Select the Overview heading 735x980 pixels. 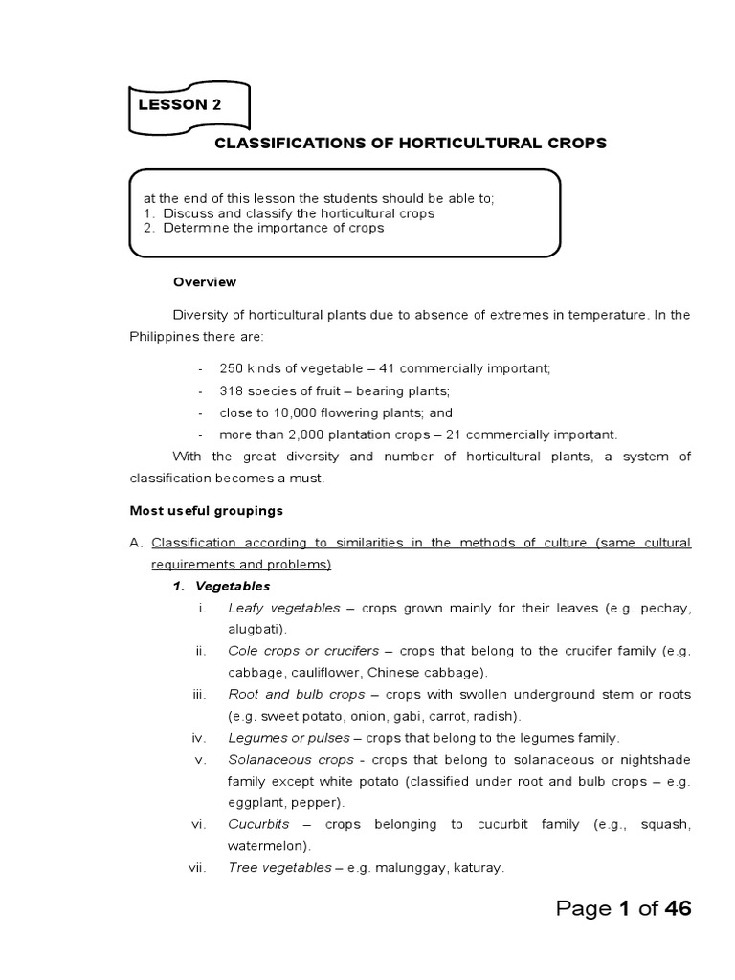(x=204, y=282)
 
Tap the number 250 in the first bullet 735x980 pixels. (x=233, y=368)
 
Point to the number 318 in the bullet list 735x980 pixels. (x=233, y=390)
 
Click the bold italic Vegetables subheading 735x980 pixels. (x=233, y=586)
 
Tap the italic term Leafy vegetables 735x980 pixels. (x=283, y=608)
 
